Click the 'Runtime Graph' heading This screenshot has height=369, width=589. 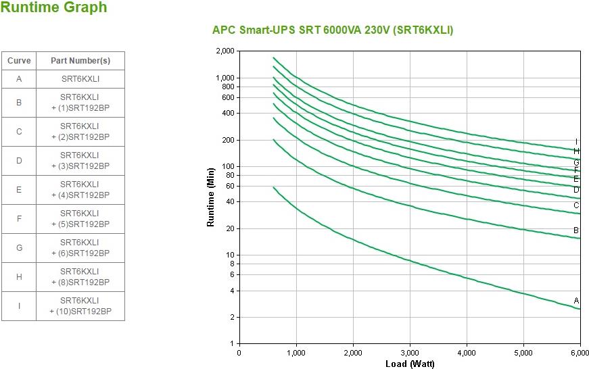53,7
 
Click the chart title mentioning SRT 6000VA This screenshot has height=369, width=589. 333,30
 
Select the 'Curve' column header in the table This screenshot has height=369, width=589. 19,61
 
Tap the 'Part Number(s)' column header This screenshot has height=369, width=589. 80,61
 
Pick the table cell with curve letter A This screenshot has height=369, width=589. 19,79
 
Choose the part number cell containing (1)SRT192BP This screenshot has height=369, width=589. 80,103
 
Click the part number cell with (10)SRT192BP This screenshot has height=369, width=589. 80,306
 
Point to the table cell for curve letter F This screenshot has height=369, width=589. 19,219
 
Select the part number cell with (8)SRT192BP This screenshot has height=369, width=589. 80,277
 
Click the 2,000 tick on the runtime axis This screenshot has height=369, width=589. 225,51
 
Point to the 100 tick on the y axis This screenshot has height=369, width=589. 228,166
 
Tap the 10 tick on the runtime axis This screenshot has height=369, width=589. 230,255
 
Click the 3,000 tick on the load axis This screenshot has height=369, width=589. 410,353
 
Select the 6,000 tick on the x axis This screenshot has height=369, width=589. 580,353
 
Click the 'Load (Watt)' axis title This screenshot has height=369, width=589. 410,364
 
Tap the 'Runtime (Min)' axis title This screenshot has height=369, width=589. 210,197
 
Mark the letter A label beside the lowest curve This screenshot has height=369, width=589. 576,301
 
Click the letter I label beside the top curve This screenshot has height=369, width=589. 576,142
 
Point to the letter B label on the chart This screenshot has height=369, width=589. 576,230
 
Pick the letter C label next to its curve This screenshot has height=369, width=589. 576,205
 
